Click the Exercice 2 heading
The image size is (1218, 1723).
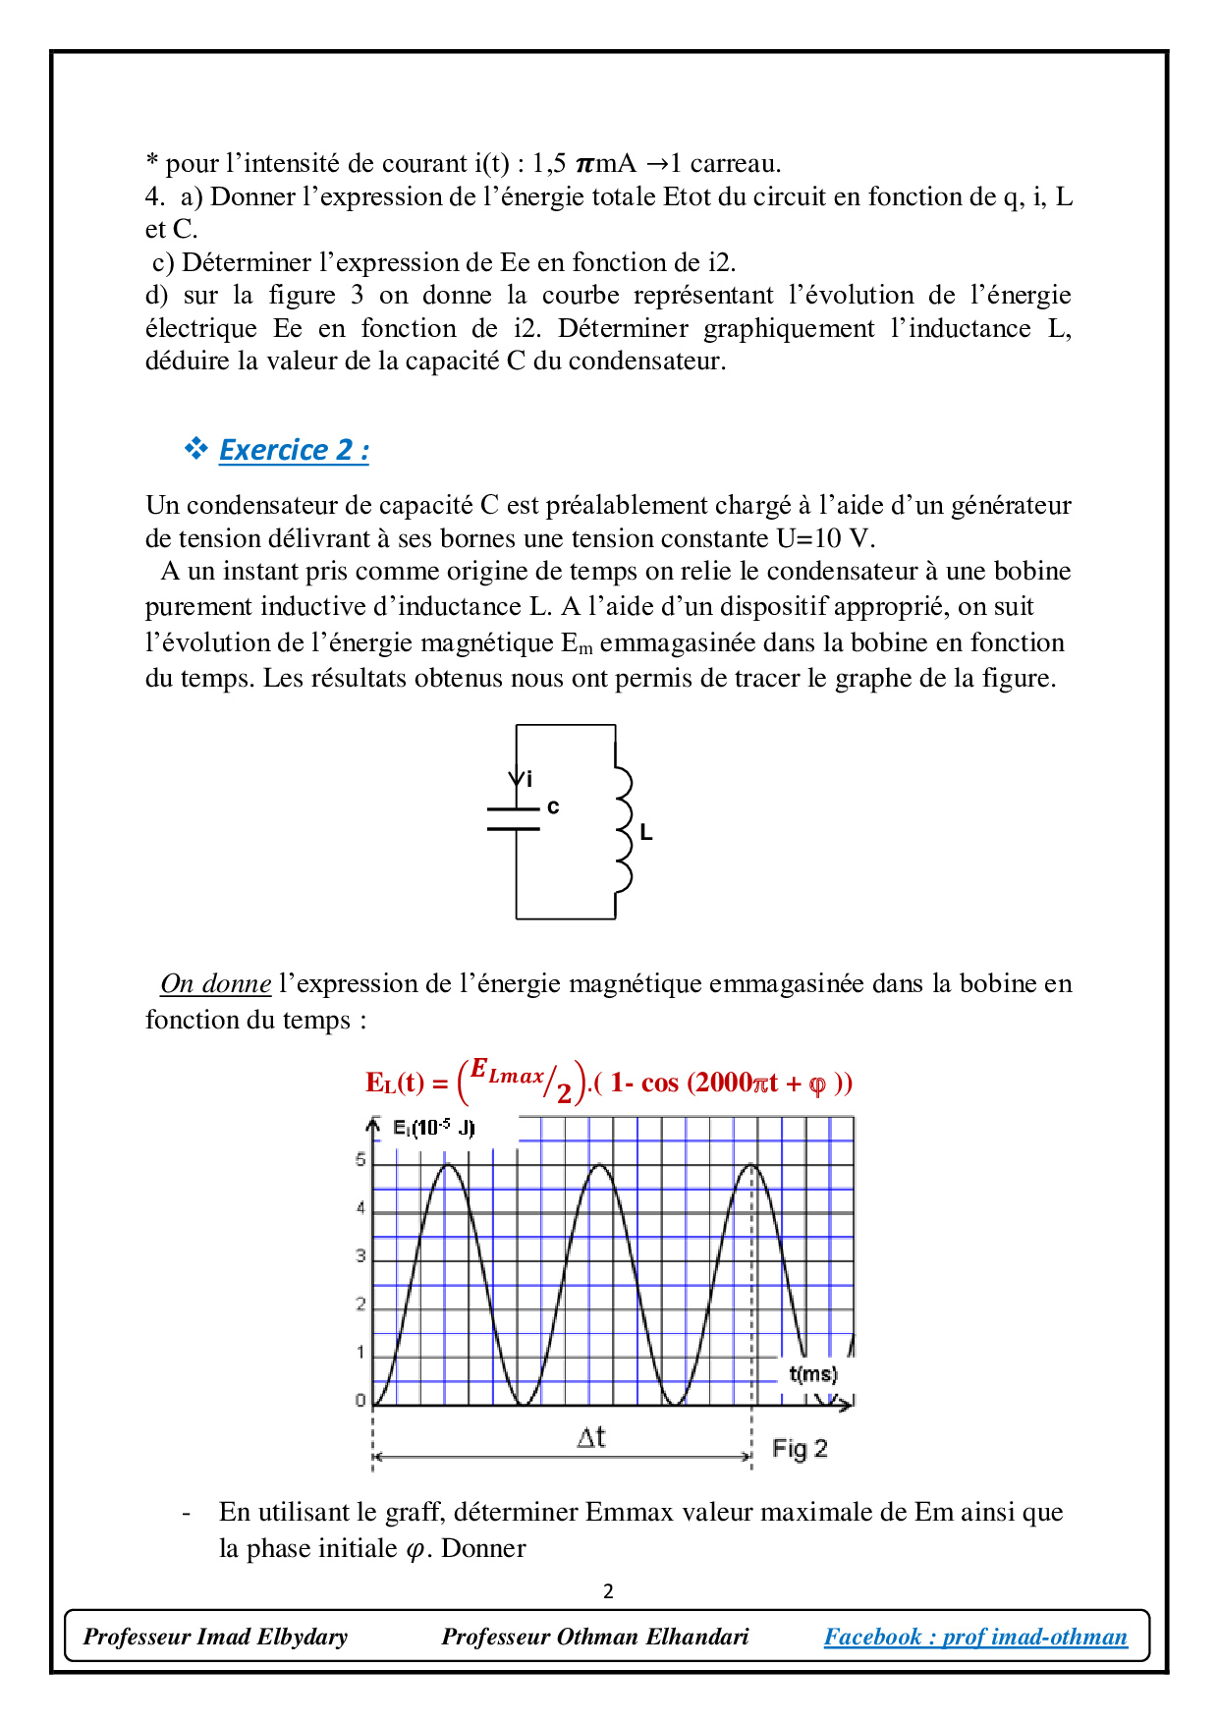click(x=294, y=450)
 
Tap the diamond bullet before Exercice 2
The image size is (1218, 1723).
click(x=196, y=449)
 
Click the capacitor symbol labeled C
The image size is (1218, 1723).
click(x=514, y=819)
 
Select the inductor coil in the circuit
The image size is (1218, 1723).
click(x=622, y=829)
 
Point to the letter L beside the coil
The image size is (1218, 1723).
click(x=645, y=832)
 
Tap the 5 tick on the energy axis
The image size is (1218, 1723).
click(x=360, y=1160)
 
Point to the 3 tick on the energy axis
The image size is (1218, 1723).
click(x=360, y=1256)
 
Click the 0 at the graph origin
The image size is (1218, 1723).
click(x=360, y=1401)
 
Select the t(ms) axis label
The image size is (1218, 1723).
click(x=813, y=1373)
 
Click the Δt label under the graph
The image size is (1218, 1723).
click(x=591, y=1438)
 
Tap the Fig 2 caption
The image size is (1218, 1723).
click(x=800, y=1449)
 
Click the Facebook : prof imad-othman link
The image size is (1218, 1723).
click(x=975, y=1637)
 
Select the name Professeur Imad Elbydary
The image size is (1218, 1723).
click(x=215, y=1637)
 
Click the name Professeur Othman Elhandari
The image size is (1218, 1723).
click(x=594, y=1637)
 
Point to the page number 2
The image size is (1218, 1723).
click(x=608, y=1591)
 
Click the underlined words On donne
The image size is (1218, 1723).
click(x=216, y=983)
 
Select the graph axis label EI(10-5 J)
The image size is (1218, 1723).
click(x=433, y=1128)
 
